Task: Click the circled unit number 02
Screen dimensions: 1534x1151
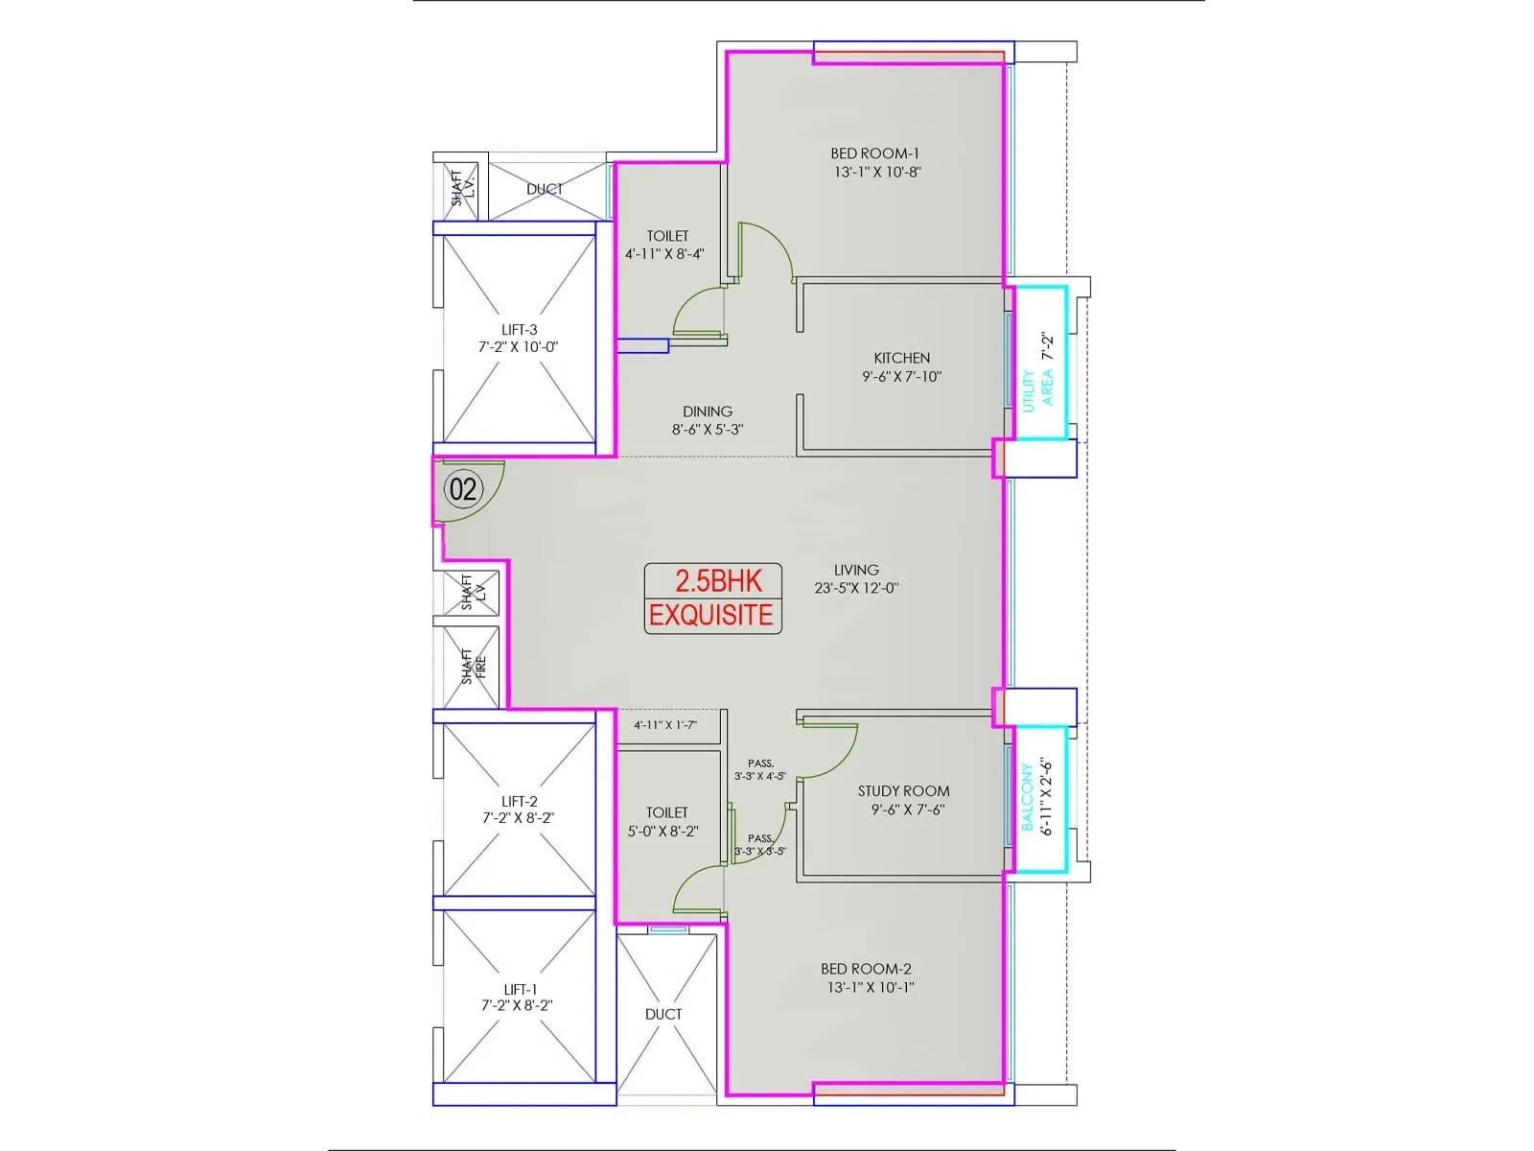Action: click(x=463, y=489)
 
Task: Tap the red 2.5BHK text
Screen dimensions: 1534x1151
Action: click(x=718, y=581)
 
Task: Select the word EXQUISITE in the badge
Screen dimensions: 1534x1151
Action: click(x=711, y=615)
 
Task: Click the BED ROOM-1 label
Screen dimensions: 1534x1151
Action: click(x=875, y=153)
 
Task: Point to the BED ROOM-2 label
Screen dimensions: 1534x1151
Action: click(x=866, y=969)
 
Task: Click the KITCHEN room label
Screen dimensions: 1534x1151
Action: click(x=901, y=358)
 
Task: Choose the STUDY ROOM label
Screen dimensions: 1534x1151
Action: click(x=904, y=791)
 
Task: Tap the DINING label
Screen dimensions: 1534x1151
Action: click(x=708, y=411)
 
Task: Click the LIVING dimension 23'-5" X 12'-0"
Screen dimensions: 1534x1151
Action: click(x=856, y=588)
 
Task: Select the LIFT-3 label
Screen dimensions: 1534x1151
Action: click(x=520, y=330)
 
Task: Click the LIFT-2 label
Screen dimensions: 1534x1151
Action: click(x=520, y=802)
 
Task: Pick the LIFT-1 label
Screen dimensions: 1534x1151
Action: click(x=521, y=990)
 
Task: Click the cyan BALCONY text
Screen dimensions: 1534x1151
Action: click(x=1027, y=797)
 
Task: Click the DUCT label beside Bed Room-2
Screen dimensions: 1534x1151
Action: click(x=663, y=1014)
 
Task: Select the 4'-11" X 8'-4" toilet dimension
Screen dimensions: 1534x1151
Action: click(x=663, y=254)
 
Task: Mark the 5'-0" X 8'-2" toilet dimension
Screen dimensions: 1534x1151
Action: click(x=662, y=831)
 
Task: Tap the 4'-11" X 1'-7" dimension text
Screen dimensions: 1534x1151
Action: click(x=665, y=725)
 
